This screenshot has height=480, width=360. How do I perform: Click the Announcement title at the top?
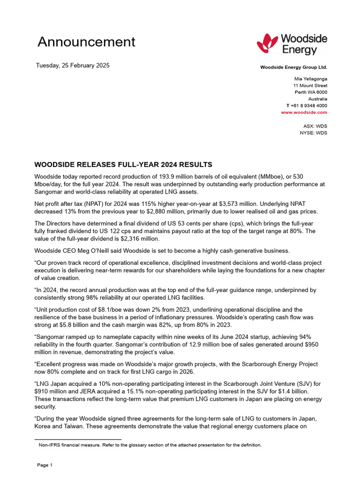point(86,42)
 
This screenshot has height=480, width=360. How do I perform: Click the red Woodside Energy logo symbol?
point(268,44)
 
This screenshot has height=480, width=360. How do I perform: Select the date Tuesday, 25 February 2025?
point(73,65)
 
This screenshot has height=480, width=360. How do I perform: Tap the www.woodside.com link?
point(304,112)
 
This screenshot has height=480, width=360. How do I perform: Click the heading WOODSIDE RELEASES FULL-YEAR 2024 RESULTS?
point(123,165)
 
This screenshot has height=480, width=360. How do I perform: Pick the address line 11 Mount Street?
point(310,86)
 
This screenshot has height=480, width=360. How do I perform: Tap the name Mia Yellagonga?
point(310,79)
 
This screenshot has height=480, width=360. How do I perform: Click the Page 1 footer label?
point(45,465)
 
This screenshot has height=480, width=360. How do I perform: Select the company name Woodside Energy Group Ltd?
point(293,67)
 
